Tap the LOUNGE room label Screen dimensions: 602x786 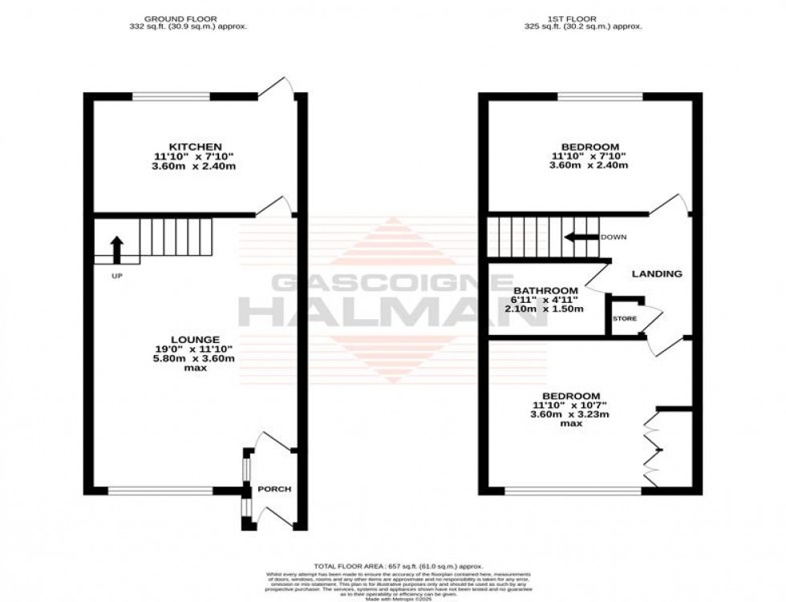pos(195,339)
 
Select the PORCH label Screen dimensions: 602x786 pos(273,489)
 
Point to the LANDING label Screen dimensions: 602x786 pos(657,273)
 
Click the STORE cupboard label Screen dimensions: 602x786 pos(625,318)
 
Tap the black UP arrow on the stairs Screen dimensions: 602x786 pos(116,249)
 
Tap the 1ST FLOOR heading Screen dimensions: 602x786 pos(589,18)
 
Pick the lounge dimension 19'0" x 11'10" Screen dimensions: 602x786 pos(195,349)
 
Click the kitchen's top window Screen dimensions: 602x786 pos(171,97)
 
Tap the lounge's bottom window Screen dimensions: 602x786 pos(160,491)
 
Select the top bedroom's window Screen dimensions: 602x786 pos(600,97)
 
